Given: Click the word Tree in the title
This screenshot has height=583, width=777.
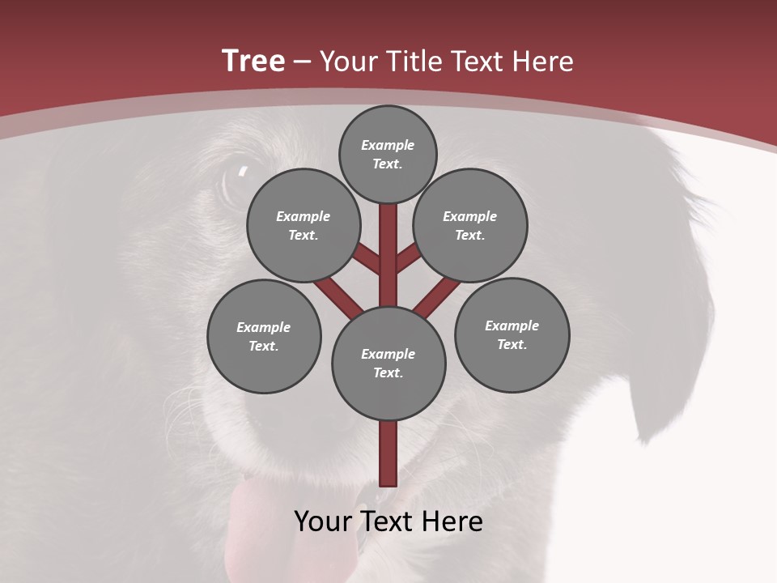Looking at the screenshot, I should point(253,61).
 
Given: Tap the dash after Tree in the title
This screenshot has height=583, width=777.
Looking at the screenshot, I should point(303,62).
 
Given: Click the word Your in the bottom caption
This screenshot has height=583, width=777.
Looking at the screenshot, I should point(324,521).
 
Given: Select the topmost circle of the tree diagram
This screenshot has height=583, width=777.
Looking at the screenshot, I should point(388,154).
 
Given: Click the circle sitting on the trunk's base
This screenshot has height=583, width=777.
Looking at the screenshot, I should point(388,363).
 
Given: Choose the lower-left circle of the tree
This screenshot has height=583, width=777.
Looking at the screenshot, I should point(264,336).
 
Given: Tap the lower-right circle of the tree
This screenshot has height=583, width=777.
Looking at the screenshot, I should point(512,334).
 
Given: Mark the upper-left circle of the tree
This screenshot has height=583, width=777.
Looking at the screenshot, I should point(304,225).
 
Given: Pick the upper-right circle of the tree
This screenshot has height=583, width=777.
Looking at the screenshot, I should point(470,225).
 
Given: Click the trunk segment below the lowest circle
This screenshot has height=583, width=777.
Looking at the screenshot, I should point(388,453).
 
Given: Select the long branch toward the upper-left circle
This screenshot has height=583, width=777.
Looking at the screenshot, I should point(337,295).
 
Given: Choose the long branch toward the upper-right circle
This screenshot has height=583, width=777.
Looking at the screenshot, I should point(438,296).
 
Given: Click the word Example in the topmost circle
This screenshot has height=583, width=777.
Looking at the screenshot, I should point(388,145).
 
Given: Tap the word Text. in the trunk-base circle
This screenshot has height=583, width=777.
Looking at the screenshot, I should point(388,372).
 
